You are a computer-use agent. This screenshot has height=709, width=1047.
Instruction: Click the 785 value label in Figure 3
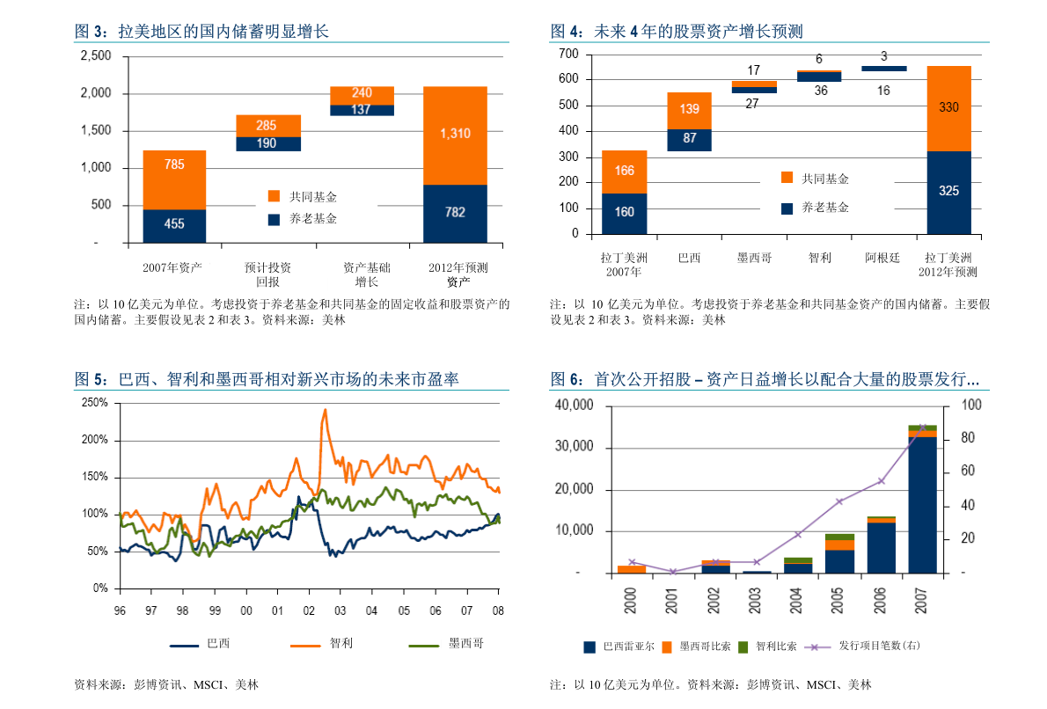pos(174,164)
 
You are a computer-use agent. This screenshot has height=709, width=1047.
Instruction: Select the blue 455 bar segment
pos(174,225)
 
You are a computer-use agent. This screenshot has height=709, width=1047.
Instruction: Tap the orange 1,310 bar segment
pos(455,135)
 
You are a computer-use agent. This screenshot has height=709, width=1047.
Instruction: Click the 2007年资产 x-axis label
pos(173,267)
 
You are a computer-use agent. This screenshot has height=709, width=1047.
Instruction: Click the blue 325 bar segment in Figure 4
pos(948,192)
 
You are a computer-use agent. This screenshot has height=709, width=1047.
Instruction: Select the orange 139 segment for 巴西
pos(690,110)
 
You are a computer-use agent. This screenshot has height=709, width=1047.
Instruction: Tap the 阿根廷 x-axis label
pos(882,259)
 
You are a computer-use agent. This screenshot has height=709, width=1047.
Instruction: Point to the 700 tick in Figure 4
pos(568,55)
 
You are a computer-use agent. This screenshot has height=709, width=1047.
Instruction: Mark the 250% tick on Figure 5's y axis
pos(94,403)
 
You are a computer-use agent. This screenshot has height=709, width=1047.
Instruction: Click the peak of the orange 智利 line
pos(326,409)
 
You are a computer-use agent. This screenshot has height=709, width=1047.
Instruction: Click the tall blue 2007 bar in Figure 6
pos(922,506)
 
